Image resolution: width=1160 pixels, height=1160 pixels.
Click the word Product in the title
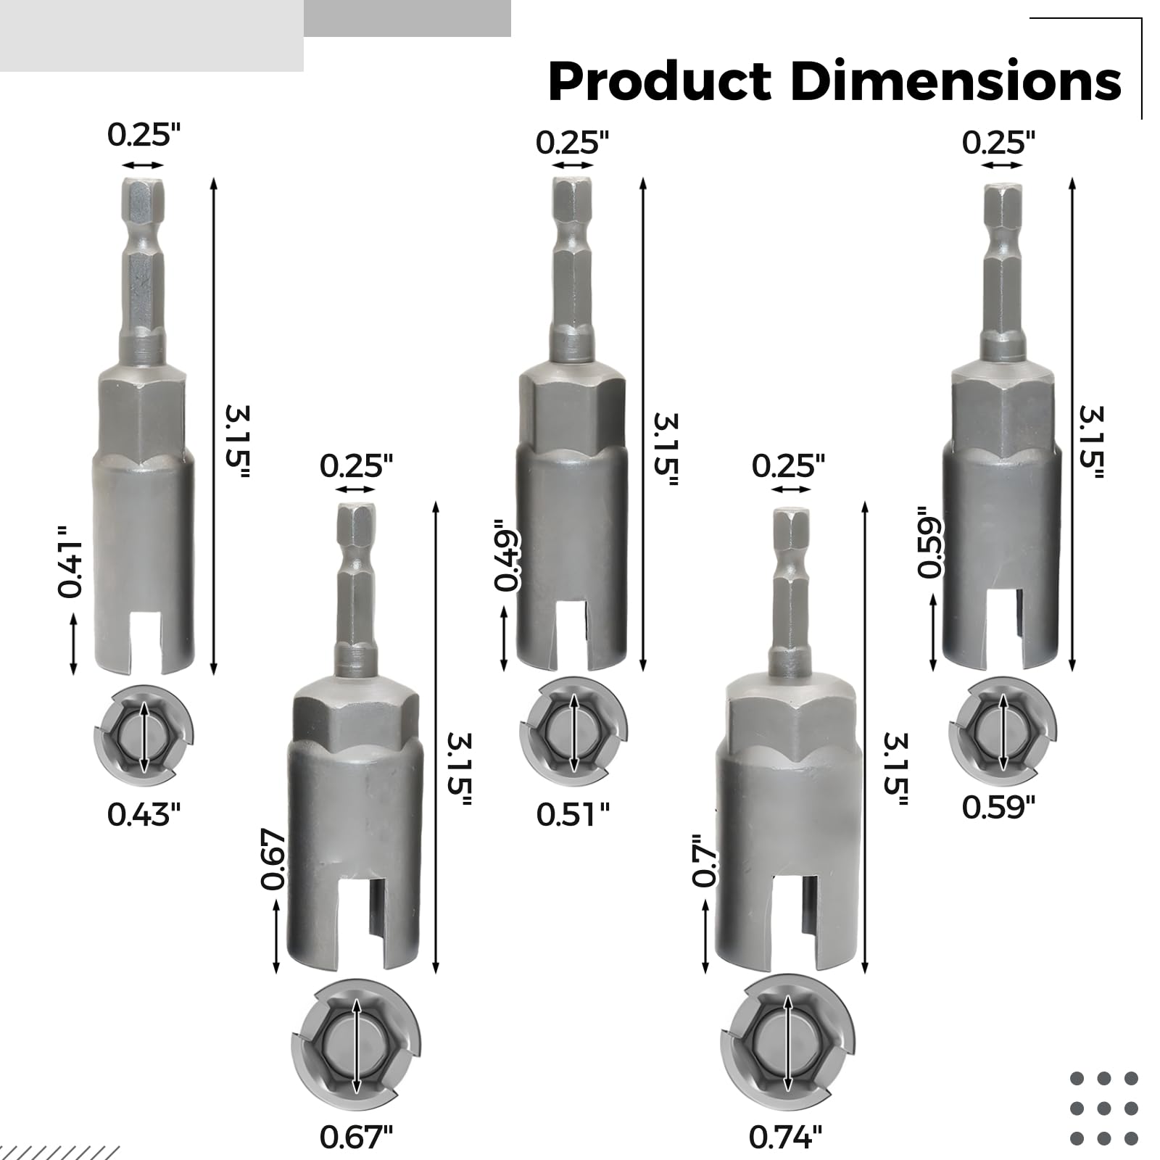(660, 81)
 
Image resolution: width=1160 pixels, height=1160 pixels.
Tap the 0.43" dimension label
(144, 815)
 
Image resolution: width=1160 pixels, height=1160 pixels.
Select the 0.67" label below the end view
(356, 1138)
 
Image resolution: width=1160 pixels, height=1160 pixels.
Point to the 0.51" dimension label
(573, 815)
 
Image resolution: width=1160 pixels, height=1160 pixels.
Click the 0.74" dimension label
(786, 1138)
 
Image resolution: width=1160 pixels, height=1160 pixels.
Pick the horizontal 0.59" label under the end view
(999, 807)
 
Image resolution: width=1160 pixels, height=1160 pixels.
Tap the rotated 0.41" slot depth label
(70, 562)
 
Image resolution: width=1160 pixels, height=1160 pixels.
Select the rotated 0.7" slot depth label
(704, 861)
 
